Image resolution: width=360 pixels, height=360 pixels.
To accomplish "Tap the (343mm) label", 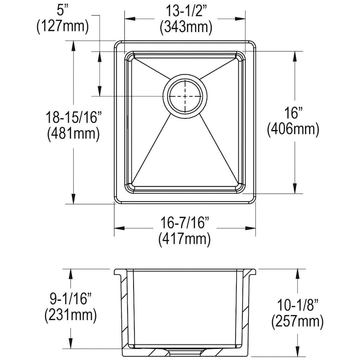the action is point(186,27).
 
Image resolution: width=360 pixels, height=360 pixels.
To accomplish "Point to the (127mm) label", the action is point(63,27).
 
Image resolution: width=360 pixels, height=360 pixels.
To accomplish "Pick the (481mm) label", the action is point(74,134).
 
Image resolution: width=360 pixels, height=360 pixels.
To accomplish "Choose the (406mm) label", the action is point(293,130).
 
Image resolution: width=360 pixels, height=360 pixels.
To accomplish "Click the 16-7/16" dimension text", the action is point(185,222).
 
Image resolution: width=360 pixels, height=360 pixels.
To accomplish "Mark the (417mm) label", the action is point(184,239).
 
